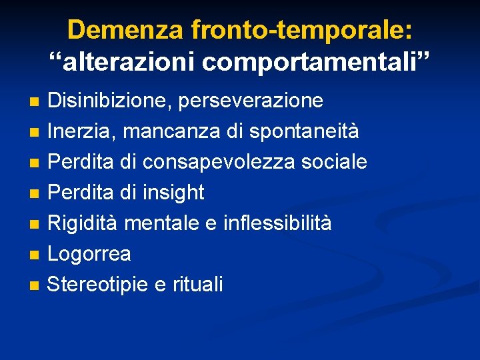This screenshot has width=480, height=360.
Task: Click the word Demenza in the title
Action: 125,30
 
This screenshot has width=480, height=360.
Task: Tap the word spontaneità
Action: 304,131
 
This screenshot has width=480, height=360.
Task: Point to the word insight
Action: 174,193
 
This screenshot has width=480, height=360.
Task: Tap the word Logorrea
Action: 89,254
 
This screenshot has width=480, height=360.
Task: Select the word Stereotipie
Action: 99,285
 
